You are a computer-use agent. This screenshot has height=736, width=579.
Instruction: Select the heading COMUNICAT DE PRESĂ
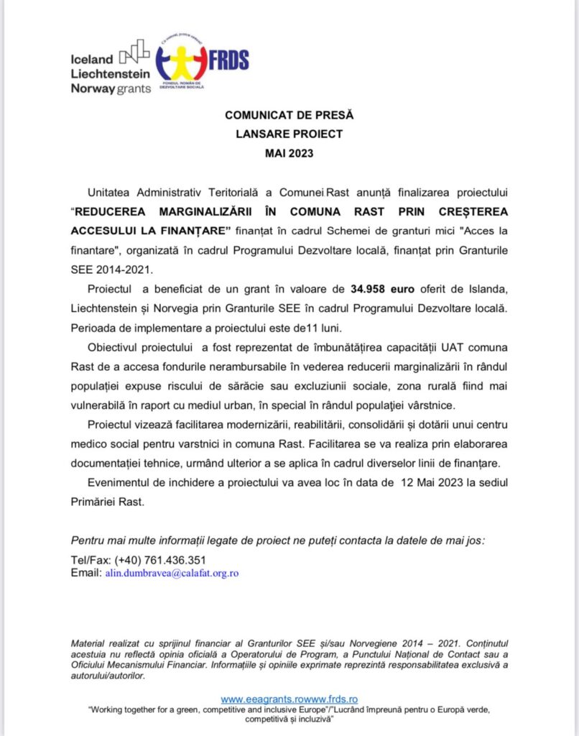(289, 115)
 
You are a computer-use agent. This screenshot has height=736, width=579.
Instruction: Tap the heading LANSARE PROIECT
(289, 134)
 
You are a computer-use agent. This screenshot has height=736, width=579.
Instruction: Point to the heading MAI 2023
(289, 152)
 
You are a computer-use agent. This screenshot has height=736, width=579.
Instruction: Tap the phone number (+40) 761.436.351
(151, 560)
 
